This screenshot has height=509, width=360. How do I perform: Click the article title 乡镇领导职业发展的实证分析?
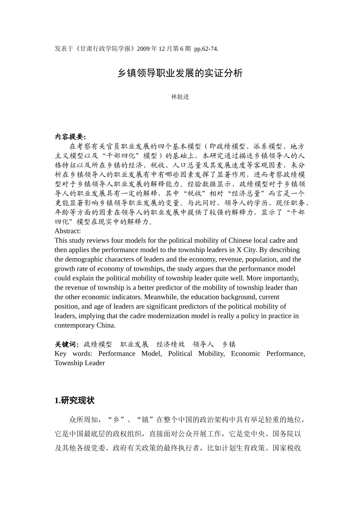(x=180, y=73)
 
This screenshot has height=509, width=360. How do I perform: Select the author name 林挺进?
(x=180, y=97)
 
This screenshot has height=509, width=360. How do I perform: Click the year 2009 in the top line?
(x=143, y=49)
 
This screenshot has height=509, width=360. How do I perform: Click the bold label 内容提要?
(x=70, y=137)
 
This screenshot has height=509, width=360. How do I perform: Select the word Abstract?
(x=67, y=231)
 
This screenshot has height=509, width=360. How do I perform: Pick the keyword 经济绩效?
(x=171, y=344)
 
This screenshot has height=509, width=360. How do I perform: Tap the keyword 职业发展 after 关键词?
(x=134, y=344)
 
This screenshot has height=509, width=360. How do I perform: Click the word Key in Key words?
(x=61, y=354)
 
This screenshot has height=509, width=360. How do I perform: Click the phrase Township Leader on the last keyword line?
(x=80, y=363)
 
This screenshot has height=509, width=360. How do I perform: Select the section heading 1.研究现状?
(x=75, y=401)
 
